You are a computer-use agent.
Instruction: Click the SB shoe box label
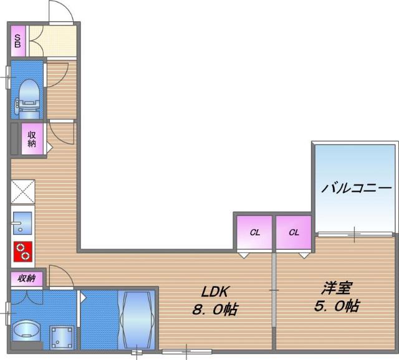tap(18, 41)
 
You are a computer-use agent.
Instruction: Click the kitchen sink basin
tap(22, 222)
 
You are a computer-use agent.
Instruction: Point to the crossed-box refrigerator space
tap(22, 191)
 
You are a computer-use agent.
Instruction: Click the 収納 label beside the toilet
tap(31, 138)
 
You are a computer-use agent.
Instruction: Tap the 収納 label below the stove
tap(26, 278)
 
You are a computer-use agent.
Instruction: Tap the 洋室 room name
tap(337, 288)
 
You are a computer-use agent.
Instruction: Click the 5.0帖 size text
tap(337, 306)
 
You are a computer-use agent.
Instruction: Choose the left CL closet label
tap(254, 233)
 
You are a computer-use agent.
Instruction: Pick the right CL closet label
tap(294, 233)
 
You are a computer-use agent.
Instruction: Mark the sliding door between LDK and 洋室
tap(273, 290)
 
